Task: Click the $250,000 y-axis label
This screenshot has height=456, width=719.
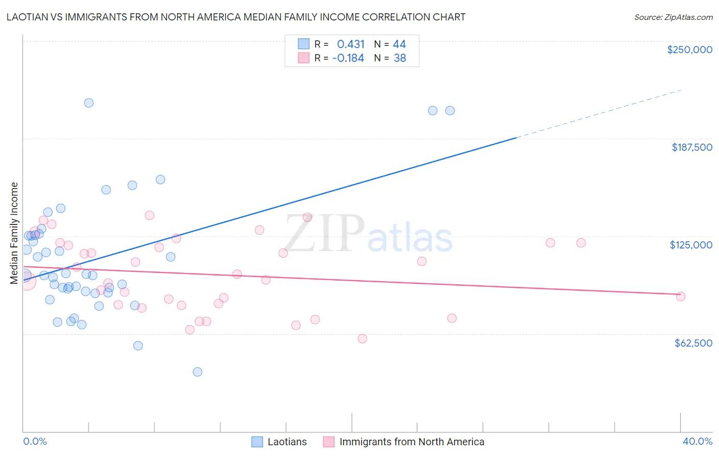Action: pyautogui.click(x=689, y=50)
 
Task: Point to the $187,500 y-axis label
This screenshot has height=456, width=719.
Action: pyautogui.click(x=691, y=147)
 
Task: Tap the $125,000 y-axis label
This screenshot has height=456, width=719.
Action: pyautogui.click(x=691, y=245)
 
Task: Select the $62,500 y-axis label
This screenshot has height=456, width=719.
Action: pyautogui.click(x=693, y=343)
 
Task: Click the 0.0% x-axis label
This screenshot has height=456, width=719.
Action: pyautogui.click(x=35, y=441)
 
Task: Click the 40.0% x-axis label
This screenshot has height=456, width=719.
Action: pyautogui.click(x=697, y=441)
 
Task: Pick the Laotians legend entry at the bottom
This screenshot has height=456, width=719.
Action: pyautogui.click(x=287, y=442)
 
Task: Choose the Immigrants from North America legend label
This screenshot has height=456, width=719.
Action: pyautogui.click(x=411, y=442)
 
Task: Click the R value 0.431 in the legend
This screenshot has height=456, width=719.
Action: pyautogui.click(x=351, y=44)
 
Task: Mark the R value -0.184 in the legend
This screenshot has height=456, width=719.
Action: pyautogui.click(x=348, y=58)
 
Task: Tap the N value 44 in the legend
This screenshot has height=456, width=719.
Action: pyautogui.click(x=399, y=44)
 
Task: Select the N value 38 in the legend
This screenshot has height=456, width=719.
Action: pyautogui.click(x=399, y=58)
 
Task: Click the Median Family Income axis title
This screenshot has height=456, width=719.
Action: pyautogui.click(x=14, y=233)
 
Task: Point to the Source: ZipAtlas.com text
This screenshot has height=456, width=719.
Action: pyautogui.click(x=673, y=17)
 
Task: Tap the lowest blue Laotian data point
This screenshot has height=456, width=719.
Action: pyautogui.click(x=197, y=372)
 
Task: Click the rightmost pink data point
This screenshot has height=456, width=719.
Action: pyautogui.click(x=680, y=297)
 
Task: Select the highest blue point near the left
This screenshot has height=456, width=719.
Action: pyautogui.click(x=88, y=103)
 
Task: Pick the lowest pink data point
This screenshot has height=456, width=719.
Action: pyautogui.click(x=362, y=338)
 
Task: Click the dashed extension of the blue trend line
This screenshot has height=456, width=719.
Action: pyautogui.click(x=598, y=113)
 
